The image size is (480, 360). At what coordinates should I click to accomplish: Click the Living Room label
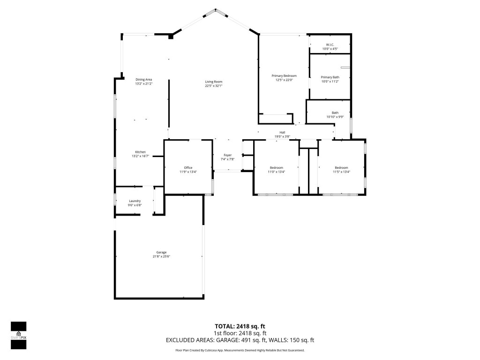click(x=213, y=82)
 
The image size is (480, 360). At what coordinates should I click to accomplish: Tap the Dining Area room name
click(x=144, y=79)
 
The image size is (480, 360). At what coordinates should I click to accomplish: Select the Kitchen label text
click(x=140, y=152)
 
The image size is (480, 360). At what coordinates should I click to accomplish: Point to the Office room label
click(x=188, y=168)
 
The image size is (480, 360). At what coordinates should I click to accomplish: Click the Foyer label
click(x=227, y=155)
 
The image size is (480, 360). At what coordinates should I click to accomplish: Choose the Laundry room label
click(x=135, y=201)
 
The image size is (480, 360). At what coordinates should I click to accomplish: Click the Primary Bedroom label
click(x=284, y=75)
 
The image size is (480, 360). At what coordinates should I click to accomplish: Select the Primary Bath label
click(x=330, y=77)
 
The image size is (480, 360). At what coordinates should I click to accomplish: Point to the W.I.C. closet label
click(x=330, y=45)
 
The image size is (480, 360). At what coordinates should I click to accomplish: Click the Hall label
click(x=282, y=132)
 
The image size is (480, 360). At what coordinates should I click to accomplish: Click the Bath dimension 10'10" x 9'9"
click(x=335, y=117)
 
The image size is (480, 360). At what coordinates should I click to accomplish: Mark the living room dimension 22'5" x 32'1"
click(x=213, y=86)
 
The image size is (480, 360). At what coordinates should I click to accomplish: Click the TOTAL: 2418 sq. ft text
click(x=240, y=326)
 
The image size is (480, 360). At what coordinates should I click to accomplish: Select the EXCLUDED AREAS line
click(x=240, y=340)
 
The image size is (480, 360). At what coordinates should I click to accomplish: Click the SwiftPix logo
click(x=18, y=336)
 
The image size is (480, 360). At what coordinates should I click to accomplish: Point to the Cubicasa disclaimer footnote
click(x=240, y=350)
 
